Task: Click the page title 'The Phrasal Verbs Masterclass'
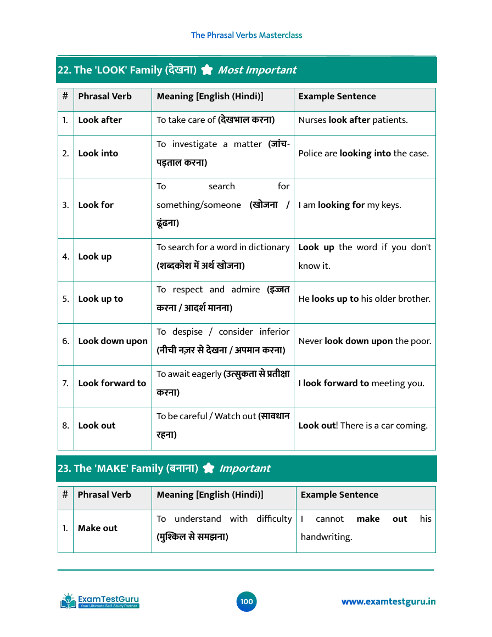coord(247,35)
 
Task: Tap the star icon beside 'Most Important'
coord(206,70)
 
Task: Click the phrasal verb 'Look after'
coord(100,120)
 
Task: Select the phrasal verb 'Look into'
coord(98,154)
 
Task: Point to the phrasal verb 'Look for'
coord(96,205)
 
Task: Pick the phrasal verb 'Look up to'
coord(100,299)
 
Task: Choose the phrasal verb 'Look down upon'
coord(113,341)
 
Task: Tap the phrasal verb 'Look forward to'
coord(112,384)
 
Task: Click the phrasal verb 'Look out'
coord(97,426)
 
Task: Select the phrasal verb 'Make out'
coord(97,528)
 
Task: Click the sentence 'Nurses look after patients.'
coord(353,120)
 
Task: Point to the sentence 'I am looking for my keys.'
coord(350,205)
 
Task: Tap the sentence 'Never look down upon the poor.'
coord(365,341)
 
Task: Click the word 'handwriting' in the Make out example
coord(326,537)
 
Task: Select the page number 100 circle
coord(247,602)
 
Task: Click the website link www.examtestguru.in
coord(388,602)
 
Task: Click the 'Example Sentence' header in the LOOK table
coord(337,97)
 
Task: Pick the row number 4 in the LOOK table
coord(65,257)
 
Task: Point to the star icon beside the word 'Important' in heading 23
coord(208,469)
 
